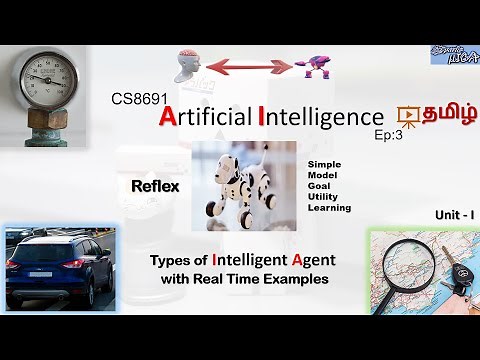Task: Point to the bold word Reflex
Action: (154, 185)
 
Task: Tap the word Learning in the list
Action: (330, 208)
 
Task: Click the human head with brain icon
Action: (193, 69)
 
